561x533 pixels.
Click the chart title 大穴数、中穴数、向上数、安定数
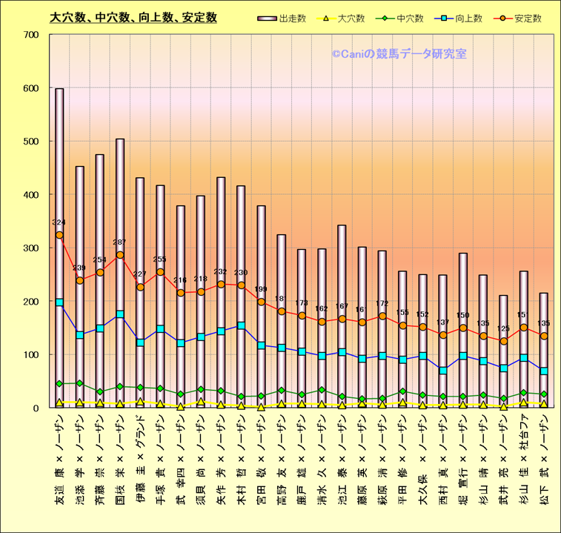(133, 17)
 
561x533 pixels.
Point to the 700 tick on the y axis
(32, 35)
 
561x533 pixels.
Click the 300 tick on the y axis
(32, 248)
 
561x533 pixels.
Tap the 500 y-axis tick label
(32, 142)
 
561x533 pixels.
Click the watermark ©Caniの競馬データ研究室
(399, 53)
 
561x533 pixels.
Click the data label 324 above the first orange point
(59, 222)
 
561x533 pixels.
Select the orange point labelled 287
(120, 255)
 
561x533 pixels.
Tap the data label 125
(503, 328)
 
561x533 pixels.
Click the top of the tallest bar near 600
(59, 89)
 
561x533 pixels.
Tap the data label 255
(160, 259)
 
